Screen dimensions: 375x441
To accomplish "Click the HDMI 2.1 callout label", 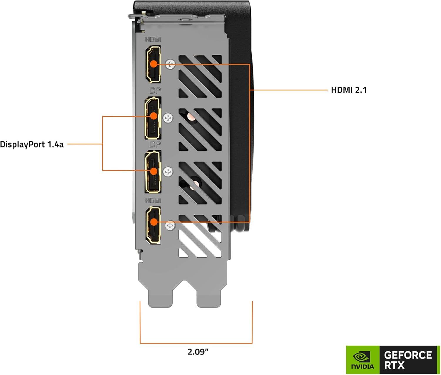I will [x=349, y=90].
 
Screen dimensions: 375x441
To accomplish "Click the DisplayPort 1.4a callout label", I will [x=32, y=144].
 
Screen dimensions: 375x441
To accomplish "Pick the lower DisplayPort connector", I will [x=153, y=172].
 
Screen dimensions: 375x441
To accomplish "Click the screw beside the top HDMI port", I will [x=170, y=64].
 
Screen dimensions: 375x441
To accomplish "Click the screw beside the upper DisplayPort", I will [x=168, y=118].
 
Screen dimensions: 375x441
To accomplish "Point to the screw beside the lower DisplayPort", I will [x=168, y=172].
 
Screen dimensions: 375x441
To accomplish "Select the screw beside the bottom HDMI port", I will [x=170, y=226].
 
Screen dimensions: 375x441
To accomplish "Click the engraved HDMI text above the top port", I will [x=153, y=39].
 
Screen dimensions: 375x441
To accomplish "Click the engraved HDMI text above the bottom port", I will [x=153, y=201].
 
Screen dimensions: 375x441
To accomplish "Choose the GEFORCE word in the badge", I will [x=408, y=355].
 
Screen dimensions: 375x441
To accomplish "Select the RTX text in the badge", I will [x=394, y=366].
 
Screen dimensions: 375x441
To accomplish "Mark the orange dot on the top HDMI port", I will [x=153, y=64].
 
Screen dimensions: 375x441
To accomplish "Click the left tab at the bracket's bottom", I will [x=160, y=297].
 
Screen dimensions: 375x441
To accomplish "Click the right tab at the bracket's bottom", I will [x=209, y=297].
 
